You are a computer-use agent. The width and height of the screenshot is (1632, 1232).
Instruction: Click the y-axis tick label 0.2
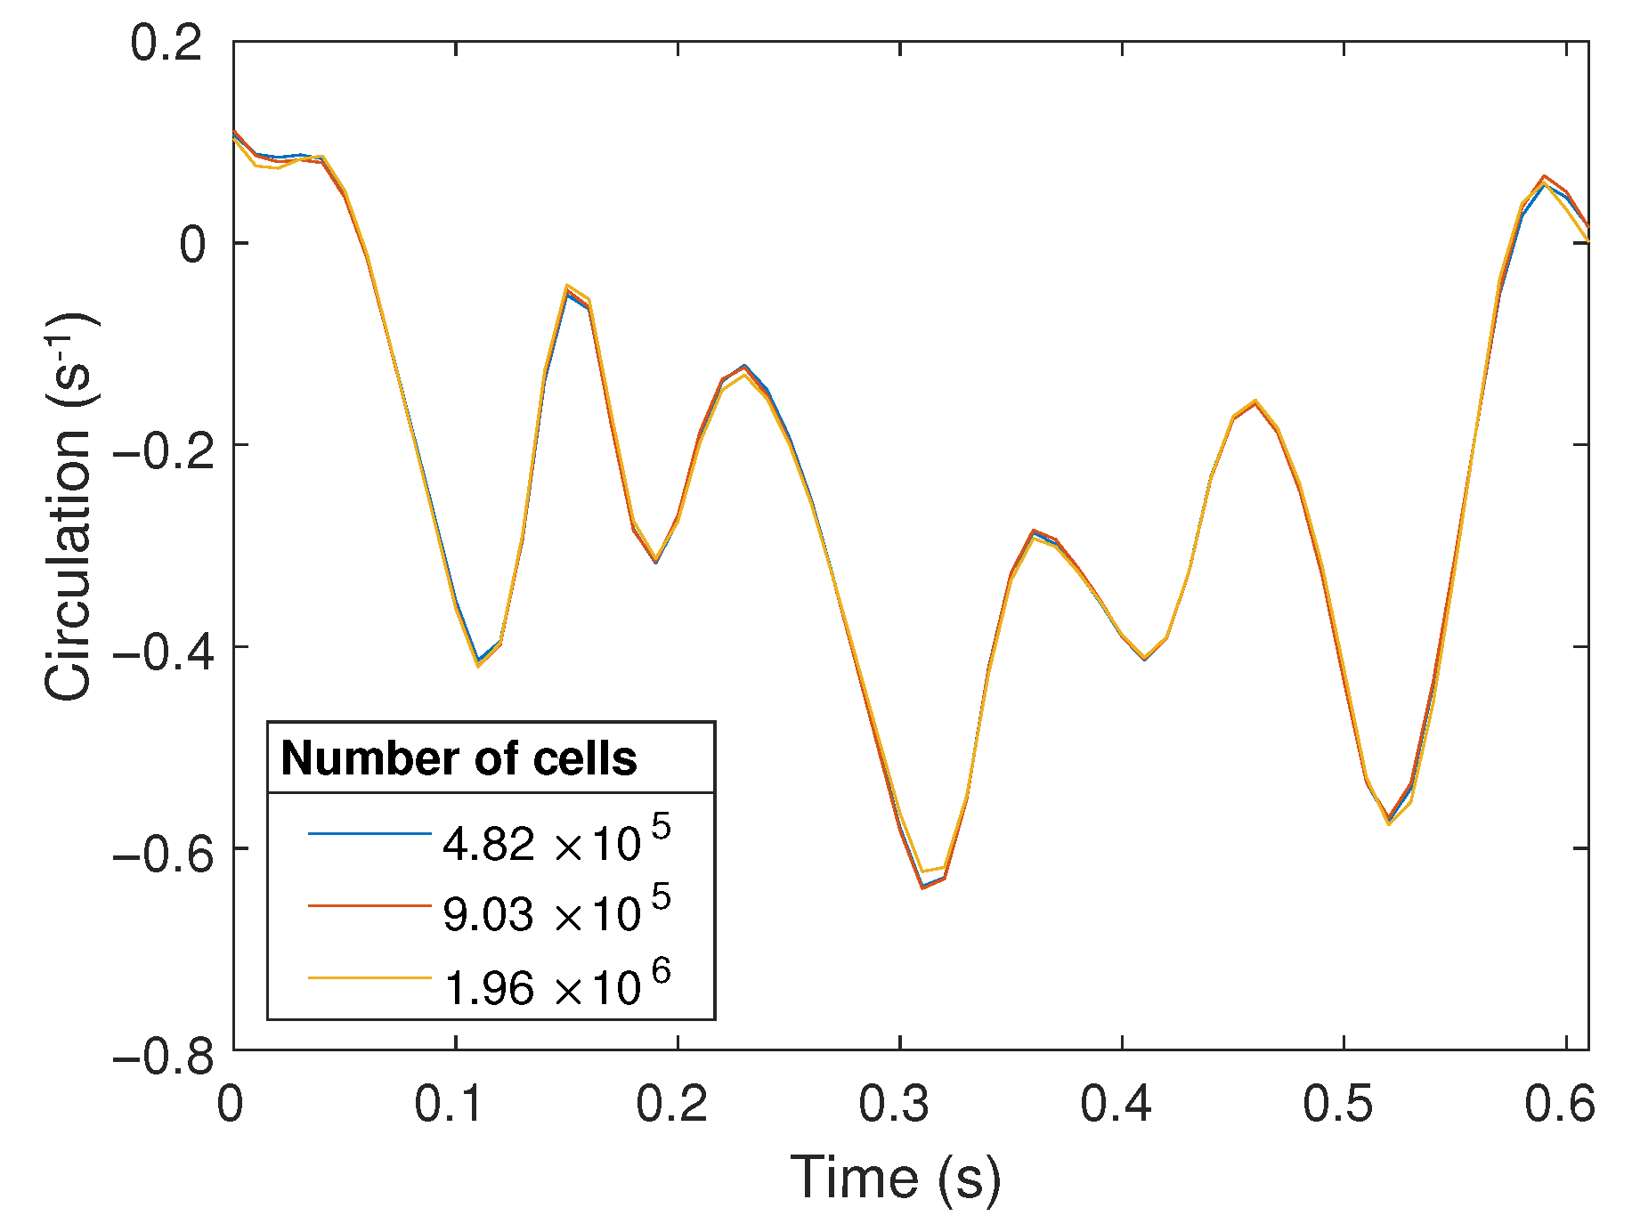166,43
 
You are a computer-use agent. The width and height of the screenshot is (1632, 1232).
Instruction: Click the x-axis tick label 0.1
450,1105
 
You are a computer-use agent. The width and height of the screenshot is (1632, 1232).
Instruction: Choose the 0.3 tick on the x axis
894,1105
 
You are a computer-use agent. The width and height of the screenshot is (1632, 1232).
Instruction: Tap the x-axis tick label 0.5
1338,1105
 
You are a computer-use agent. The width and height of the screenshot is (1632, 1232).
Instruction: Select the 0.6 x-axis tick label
1560,1105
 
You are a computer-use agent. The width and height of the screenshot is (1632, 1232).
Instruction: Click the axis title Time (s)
896,1179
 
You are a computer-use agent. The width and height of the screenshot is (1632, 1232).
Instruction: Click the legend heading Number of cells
459,758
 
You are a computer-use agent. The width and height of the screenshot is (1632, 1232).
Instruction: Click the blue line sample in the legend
369,834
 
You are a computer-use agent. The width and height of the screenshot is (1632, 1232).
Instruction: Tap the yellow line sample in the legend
369,977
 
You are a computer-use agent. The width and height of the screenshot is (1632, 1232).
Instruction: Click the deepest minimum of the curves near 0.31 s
923,887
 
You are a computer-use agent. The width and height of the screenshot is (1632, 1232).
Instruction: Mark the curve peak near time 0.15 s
567,289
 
